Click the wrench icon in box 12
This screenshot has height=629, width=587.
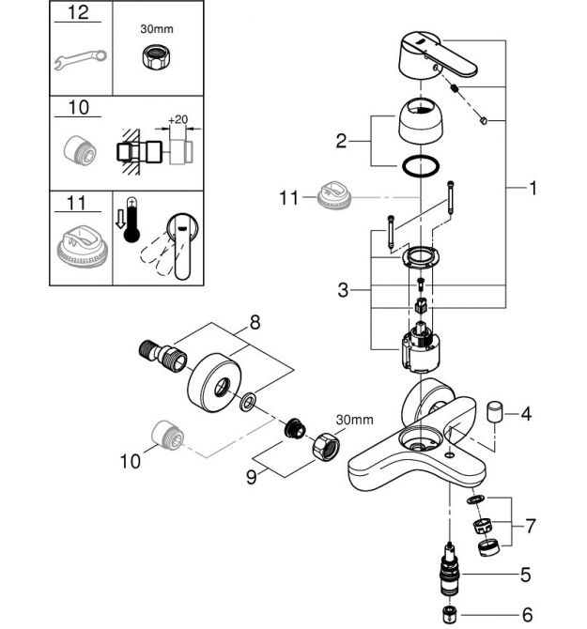point(80,58)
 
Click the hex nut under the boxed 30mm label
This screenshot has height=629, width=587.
point(156,55)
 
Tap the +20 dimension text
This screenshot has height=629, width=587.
point(178,119)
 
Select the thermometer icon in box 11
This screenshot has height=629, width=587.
point(131,220)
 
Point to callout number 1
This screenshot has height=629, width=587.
point(533,188)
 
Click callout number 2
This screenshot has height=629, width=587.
point(341,141)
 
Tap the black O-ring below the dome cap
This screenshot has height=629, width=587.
point(420,165)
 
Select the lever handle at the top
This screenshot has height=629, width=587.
point(438,56)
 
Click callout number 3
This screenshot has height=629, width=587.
point(343,290)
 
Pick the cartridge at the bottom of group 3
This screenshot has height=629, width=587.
point(420,346)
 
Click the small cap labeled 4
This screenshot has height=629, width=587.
point(494,411)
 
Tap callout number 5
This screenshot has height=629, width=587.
point(525,575)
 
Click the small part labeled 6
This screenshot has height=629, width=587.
point(449,615)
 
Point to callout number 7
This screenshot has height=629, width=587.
point(531,526)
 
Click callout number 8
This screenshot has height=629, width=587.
point(255,322)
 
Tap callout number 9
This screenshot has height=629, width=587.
point(251,477)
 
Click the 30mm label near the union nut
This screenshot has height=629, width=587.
point(355,420)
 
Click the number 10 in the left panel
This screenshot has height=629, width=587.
point(78,108)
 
